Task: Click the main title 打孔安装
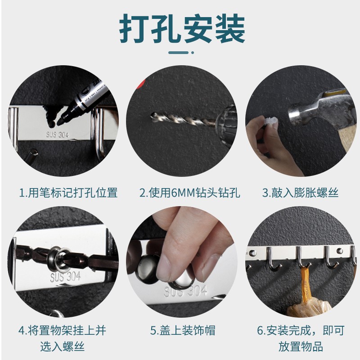point(182,28)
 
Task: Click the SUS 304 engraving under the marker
point(58,135)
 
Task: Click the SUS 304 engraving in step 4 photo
point(65,277)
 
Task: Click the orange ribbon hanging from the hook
point(305,285)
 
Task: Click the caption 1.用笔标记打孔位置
point(68,193)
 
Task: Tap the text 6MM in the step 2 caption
point(183,193)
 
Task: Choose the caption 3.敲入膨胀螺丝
point(300,193)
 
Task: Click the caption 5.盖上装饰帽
point(183,330)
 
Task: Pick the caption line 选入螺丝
point(62,346)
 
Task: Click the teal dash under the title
point(178,53)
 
